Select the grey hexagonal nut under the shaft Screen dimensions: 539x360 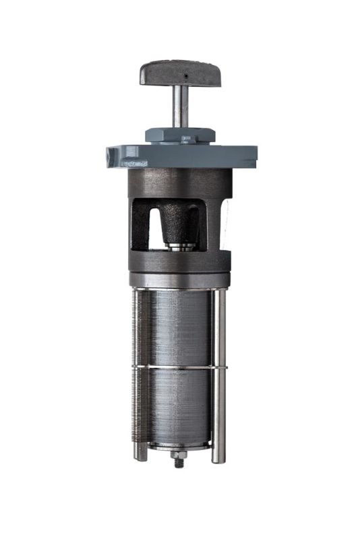coord(180,135)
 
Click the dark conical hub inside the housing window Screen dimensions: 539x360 coord(181,222)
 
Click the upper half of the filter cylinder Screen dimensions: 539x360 coord(179,327)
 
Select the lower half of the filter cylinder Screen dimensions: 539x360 coord(179,404)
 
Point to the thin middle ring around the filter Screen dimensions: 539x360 coord(179,367)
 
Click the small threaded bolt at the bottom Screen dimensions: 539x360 coord(179,462)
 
